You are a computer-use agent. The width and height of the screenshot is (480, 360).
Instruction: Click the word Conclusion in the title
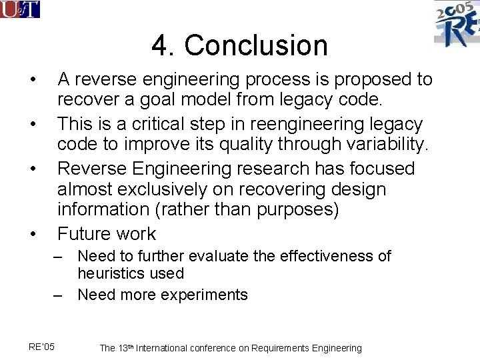pyautogui.click(x=256, y=46)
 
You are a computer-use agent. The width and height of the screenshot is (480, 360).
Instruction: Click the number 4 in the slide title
pyautogui.click(x=160, y=46)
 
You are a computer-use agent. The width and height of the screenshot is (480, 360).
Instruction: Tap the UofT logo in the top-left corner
pyautogui.click(x=20, y=9)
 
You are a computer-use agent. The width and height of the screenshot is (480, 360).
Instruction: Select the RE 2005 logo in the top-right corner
pyautogui.click(x=457, y=23)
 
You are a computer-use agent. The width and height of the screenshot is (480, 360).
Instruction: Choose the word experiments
pyautogui.click(x=205, y=295)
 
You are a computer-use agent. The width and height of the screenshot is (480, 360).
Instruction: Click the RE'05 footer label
pyautogui.click(x=42, y=346)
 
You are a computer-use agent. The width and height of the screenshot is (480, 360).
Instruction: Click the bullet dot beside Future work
pyautogui.click(x=32, y=234)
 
